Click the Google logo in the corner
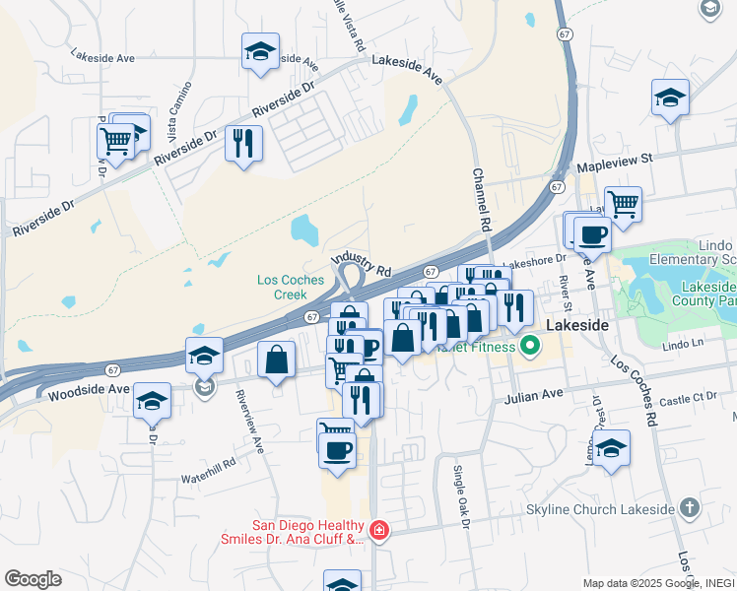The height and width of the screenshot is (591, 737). tap(33, 579)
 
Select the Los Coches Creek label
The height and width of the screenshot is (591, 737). tap(291, 287)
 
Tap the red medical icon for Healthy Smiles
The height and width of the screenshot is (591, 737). tap(379, 533)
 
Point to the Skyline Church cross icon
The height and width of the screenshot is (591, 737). tap(689, 508)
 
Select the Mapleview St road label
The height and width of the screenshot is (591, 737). tap(615, 158)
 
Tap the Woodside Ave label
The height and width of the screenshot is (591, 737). tap(89, 390)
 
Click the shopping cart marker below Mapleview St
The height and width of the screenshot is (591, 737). tap(623, 205)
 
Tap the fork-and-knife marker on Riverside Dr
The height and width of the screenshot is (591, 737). tap(243, 143)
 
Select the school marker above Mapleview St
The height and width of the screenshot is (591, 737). tap(670, 98)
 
